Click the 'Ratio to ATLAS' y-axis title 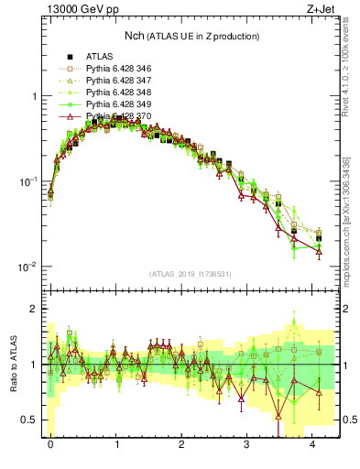[x=13, y=364]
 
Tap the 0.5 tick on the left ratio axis [x=30, y=420]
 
